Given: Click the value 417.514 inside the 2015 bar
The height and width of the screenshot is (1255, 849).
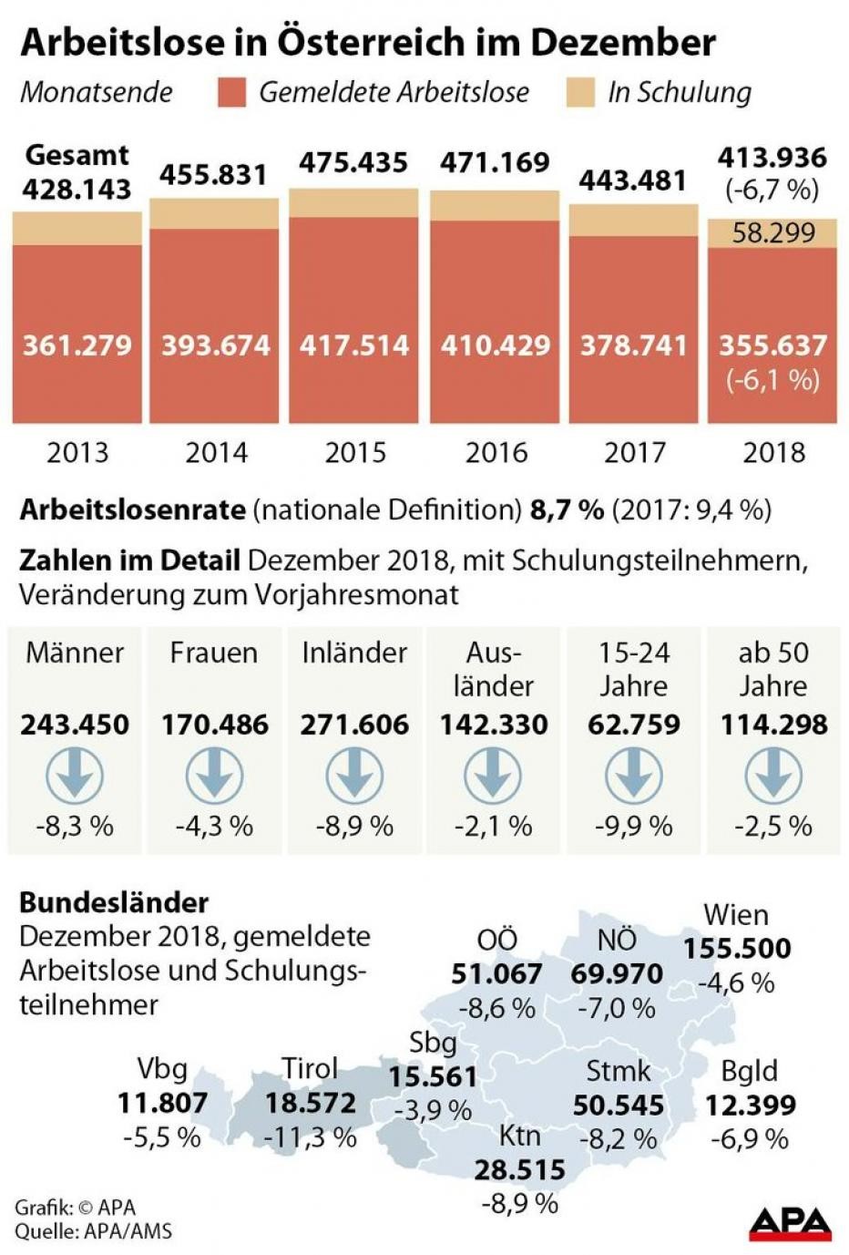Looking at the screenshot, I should click(x=353, y=345).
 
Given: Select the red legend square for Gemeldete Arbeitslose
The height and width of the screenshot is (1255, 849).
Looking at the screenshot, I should click(x=231, y=93).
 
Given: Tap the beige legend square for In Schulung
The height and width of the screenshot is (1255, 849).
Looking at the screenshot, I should click(x=580, y=93).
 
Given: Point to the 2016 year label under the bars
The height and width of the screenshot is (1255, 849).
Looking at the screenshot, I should click(x=496, y=452).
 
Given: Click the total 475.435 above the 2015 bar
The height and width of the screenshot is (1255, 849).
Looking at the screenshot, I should click(x=353, y=163).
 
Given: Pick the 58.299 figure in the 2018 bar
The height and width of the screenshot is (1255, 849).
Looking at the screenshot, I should click(x=773, y=233).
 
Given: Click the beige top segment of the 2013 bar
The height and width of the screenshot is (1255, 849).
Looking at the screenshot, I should click(x=77, y=229).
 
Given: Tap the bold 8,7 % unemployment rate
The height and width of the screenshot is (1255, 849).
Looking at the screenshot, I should click(x=567, y=509).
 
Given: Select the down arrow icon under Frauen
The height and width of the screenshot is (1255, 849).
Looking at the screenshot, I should click(x=214, y=777).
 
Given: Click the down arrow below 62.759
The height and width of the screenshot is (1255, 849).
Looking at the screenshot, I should click(x=633, y=777).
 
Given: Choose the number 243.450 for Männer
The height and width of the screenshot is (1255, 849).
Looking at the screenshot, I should click(x=75, y=725).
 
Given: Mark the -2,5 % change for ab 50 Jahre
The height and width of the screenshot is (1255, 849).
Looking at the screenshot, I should click(x=773, y=826).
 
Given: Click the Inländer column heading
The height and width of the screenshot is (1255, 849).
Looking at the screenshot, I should click(x=354, y=653).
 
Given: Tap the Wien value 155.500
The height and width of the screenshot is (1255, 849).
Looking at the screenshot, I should click(x=737, y=949).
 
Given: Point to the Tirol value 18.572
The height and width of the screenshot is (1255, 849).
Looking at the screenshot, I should click(x=310, y=1104).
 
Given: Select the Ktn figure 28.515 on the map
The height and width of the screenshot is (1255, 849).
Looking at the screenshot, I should click(x=519, y=1169).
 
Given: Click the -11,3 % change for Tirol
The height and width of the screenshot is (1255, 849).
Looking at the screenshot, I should click(x=310, y=1137).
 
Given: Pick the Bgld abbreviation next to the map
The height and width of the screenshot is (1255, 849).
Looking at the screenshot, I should click(x=749, y=1071).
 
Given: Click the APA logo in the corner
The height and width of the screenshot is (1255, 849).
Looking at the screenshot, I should click(x=790, y=1223).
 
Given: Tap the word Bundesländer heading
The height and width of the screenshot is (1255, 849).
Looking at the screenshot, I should click(x=114, y=902).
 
